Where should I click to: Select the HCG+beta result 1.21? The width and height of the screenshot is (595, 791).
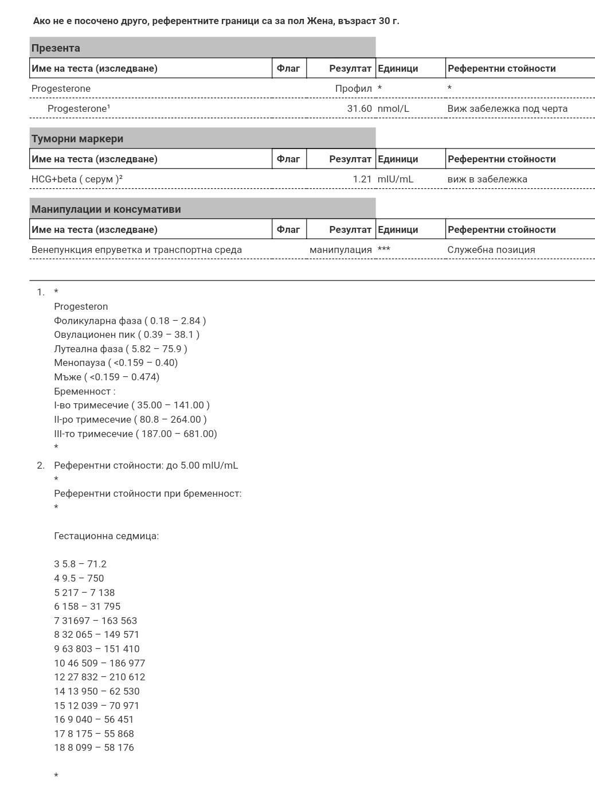[x=362, y=179]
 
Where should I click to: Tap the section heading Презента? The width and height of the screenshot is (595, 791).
[x=56, y=48]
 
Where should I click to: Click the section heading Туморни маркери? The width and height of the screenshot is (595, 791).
[x=77, y=138]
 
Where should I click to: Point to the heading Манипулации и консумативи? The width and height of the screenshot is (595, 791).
[x=106, y=209]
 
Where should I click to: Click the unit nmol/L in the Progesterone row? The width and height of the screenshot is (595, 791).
[x=393, y=108]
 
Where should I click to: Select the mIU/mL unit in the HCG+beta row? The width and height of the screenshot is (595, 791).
[x=395, y=179]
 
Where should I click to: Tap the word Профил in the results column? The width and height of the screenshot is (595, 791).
[x=353, y=88]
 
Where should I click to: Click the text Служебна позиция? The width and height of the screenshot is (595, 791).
[x=491, y=250]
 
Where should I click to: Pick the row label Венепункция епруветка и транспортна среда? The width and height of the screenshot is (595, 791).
[x=136, y=250]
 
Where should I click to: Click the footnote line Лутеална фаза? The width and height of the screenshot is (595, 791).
[x=120, y=349]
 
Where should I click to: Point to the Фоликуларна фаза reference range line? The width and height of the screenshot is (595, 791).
[x=130, y=321]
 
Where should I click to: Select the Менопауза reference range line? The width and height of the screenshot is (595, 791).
[x=116, y=363]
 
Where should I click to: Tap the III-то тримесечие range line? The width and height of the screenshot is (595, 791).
[x=135, y=434]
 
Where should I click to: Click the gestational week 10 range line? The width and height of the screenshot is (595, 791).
[x=99, y=663]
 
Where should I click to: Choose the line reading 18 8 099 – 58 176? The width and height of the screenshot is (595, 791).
[x=94, y=747]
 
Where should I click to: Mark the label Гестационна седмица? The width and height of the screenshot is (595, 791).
[x=106, y=536]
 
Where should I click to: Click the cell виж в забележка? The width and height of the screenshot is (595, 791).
[x=487, y=179]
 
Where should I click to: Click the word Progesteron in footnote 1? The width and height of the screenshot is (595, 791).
[x=81, y=306]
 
